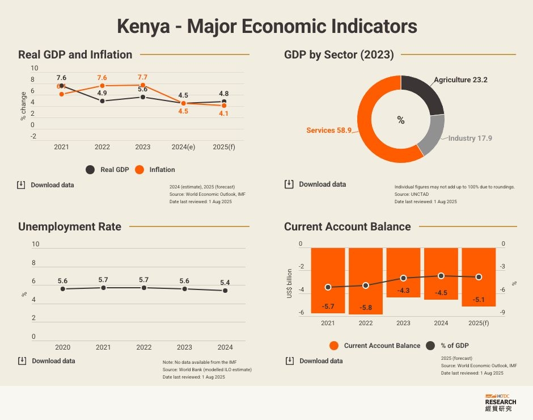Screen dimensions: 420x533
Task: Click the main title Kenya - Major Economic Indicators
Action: tap(266, 26)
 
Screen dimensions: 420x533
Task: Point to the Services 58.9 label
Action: tap(329, 131)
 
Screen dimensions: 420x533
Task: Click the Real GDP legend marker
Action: tap(90, 170)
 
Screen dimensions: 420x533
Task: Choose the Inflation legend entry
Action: tap(162, 170)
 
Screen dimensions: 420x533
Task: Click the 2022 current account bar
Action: tap(366, 280)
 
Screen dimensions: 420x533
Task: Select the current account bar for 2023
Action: tap(403, 272)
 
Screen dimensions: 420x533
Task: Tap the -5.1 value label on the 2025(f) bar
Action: tap(479, 300)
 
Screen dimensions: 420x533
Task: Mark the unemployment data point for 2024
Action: tap(225, 291)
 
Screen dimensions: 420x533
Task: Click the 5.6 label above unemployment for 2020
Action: tap(62, 281)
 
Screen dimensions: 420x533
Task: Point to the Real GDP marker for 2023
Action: tap(143, 97)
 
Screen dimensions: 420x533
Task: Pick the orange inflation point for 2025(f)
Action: tap(224, 106)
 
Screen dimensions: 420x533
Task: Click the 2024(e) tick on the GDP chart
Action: tap(183, 147)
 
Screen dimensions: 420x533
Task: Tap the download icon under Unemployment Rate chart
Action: tap(22, 361)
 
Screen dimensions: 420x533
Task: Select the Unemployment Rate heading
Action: tap(70, 227)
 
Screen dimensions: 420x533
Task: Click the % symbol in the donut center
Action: tap(401, 120)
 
